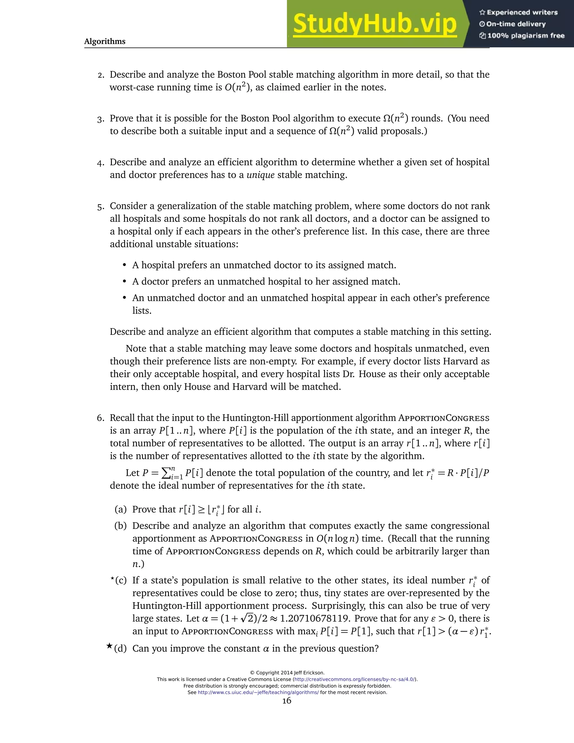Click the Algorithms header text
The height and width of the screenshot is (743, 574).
tap(105, 41)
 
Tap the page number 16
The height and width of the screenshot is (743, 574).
tap(287, 701)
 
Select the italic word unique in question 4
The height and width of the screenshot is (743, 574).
tap(260, 175)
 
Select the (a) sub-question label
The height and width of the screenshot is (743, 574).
tap(121, 509)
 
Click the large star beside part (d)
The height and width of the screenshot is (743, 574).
tap(109, 646)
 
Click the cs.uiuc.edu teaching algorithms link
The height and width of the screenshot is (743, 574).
tap(258, 692)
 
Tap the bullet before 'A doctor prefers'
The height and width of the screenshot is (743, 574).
tap(124, 282)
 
